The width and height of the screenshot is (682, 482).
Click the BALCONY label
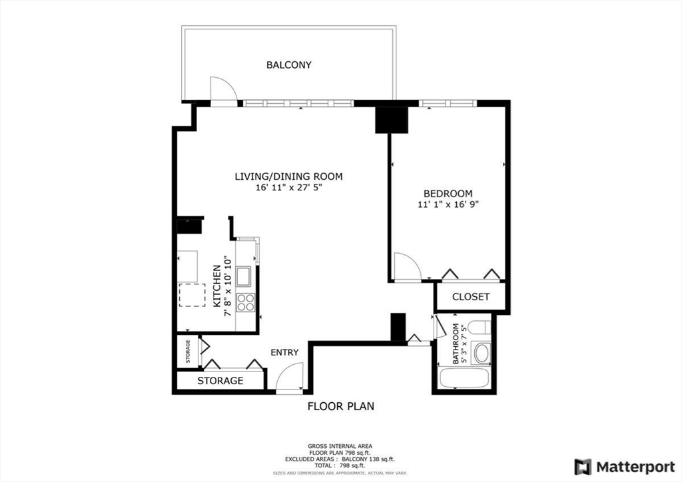pos(288,65)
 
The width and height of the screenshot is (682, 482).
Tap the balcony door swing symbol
pos(222,91)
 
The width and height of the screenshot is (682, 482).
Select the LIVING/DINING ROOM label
pos(288,176)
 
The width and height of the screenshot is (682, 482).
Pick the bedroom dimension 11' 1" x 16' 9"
pos(448,205)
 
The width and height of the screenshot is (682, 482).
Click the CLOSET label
pos(471,297)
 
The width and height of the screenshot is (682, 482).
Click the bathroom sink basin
pos(480,353)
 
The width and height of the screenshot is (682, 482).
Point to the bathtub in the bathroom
pos(464,378)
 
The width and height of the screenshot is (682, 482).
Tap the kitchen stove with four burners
pos(246,302)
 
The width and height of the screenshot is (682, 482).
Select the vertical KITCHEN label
pos(216,286)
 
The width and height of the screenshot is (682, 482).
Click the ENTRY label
pos(284,352)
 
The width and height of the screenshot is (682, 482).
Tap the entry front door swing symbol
pos(290,377)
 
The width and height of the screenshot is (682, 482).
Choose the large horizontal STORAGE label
pos(220,381)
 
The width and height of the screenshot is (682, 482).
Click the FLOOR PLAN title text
pos(340,406)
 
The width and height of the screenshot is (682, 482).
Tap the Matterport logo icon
pos(583,466)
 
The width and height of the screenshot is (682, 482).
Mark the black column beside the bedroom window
pos(391,119)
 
